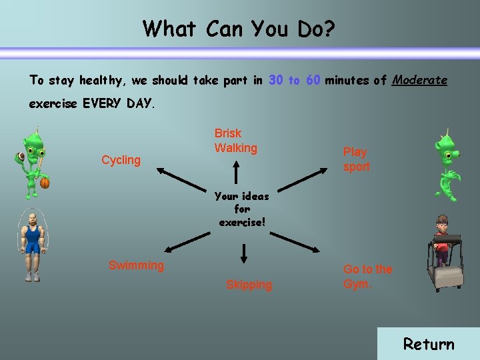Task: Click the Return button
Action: (x=429, y=344)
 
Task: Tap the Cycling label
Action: (x=121, y=160)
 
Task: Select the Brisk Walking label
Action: (x=235, y=141)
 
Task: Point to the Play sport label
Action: (x=356, y=159)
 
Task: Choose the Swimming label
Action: (x=136, y=265)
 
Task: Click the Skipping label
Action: (x=249, y=285)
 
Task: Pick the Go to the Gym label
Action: (x=367, y=276)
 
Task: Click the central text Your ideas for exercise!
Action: (x=242, y=209)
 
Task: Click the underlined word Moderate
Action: (x=419, y=80)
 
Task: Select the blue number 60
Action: (x=313, y=80)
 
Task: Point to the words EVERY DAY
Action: (x=118, y=104)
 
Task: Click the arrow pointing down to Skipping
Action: (x=244, y=253)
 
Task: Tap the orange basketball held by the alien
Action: (x=45, y=182)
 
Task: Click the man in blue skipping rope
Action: (x=31, y=243)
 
